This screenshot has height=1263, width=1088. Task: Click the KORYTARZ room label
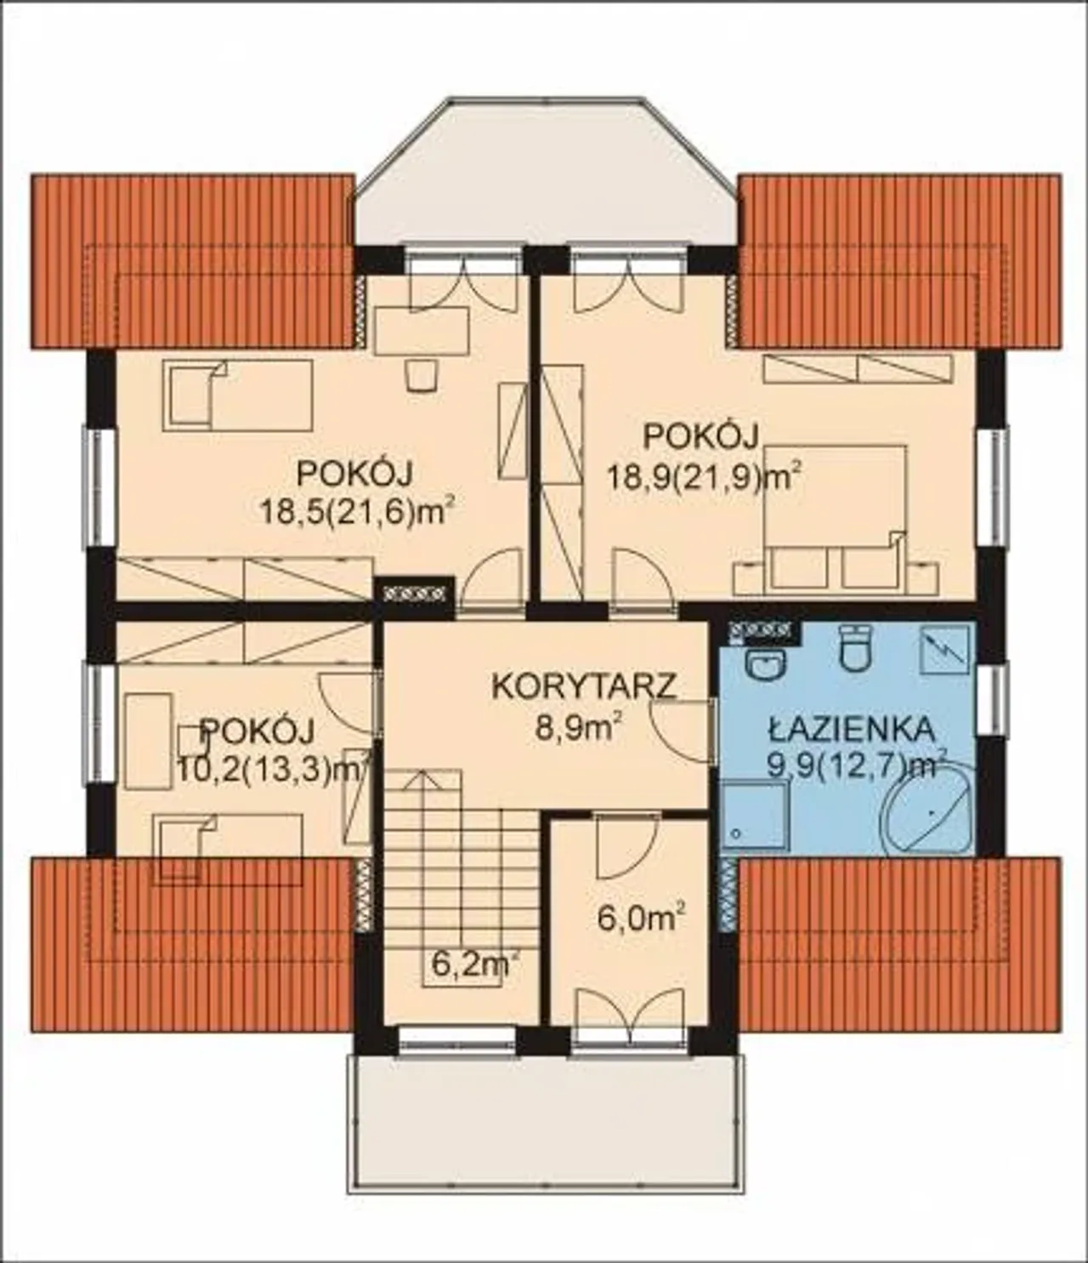(x=585, y=687)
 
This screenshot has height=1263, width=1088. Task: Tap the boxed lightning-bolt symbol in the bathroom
(x=945, y=650)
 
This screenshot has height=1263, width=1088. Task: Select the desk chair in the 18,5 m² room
(x=422, y=374)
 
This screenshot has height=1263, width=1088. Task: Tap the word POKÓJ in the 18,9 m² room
(x=701, y=438)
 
